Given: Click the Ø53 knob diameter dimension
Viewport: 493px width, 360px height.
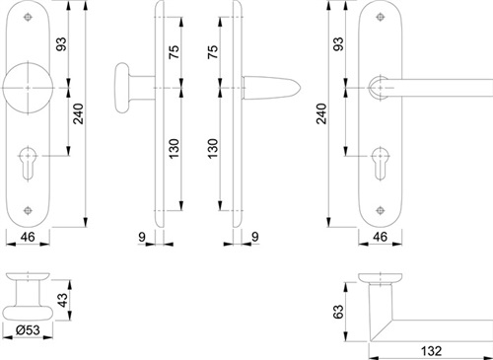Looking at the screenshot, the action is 28,330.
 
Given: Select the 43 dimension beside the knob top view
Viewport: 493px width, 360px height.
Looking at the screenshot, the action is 62,300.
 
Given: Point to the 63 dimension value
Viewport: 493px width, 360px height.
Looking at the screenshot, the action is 338,312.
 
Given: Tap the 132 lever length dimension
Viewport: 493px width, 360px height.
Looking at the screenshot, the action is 431,351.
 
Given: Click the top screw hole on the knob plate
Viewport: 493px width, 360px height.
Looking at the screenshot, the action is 28,17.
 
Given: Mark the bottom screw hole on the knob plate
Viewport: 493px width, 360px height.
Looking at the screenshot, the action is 28,210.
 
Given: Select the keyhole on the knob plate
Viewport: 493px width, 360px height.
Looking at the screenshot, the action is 28,163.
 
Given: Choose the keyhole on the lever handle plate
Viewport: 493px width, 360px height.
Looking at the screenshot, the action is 381,163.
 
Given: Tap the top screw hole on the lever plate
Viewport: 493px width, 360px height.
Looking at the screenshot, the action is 381,17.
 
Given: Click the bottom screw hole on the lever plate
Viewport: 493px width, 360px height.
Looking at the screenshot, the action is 381,210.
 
